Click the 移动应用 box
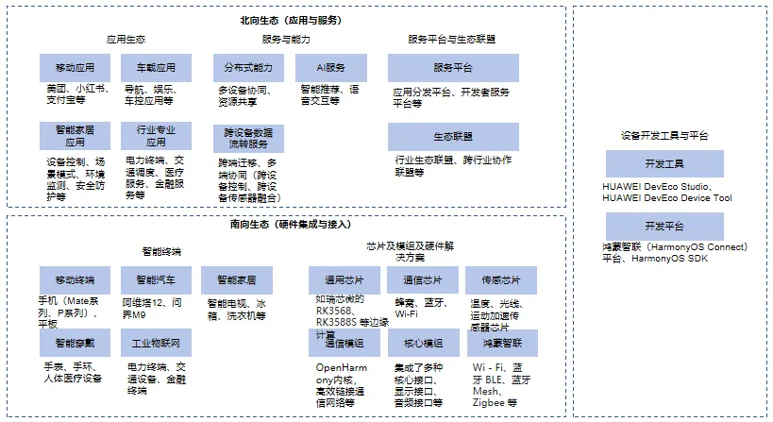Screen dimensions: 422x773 point(76,68)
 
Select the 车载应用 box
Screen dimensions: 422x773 point(156,68)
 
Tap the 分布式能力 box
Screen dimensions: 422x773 point(248,68)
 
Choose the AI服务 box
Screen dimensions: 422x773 point(329,68)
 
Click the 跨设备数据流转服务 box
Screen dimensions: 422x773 point(248,138)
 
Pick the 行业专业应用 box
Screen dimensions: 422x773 point(156,136)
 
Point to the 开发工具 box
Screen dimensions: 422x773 point(664,164)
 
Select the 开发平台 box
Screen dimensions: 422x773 point(664,227)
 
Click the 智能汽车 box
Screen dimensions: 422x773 point(156,280)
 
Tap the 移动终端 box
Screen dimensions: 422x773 point(76,280)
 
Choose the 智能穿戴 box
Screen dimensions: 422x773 point(76,343)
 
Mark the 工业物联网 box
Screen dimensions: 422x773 point(156,343)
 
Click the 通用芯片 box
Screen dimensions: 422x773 point(344,280)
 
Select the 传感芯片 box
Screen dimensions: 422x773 point(501,280)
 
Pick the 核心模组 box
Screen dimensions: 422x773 point(423,343)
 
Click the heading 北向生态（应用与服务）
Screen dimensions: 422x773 point(291,20)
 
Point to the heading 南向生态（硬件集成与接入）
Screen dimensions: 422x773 point(290,225)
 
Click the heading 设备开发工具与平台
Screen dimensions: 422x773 point(664,135)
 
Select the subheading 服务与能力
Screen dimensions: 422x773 point(286,40)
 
